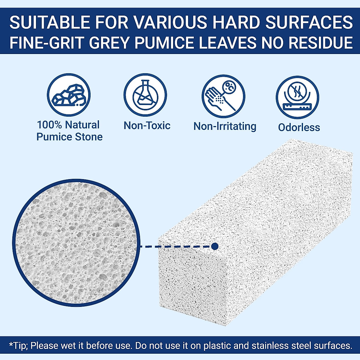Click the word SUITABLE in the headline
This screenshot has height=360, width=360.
click(x=50, y=22)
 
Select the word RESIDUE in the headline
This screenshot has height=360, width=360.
click(x=321, y=42)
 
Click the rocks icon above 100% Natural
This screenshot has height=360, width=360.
click(x=69, y=95)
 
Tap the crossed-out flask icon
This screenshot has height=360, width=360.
click(x=145, y=95)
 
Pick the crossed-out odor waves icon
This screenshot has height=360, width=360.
click(x=298, y=97)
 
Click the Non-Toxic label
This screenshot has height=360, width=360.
click(x=147, y=125)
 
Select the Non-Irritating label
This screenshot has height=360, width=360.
click(x=225, y=127)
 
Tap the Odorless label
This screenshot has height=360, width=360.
click(x=299, y=127)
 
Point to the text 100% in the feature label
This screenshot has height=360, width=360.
click(x=49, y=124)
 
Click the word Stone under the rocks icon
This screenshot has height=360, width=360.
click(x=89, y=137)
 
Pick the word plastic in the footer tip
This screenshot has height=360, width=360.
click(x=217, y=346)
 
